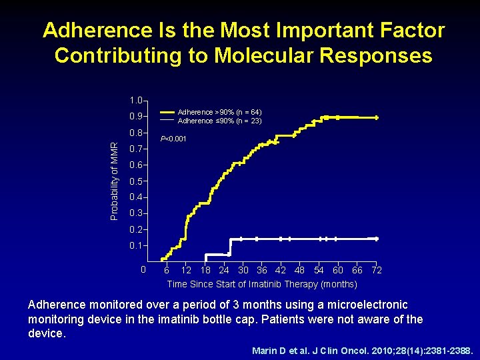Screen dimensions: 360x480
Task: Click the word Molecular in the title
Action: pyautogui.click(x=263, y=55)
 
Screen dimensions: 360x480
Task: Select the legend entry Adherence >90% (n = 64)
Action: pyautogui.click(x=219, y=112)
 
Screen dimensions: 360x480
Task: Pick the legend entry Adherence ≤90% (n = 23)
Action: pyautogui.click(x=219, y=121)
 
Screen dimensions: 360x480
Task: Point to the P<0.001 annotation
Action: pyautogui.click(x=174, y=139)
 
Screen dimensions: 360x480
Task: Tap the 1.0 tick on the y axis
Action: pyautogui.click(x=136, y=101)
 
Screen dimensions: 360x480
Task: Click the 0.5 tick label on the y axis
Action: pyautogui.click(x=136, y=181)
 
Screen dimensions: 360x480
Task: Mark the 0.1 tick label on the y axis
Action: pyautogui.click(x=136, y=246)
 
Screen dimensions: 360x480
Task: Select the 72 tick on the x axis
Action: pyautogui.click(x=377, y=270)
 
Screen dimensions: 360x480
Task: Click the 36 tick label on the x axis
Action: pyautogui.click(x=262, y=270)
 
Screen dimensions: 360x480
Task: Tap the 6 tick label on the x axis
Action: pyautogui.click(x=167, y=270)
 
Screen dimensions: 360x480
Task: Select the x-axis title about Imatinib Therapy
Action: pyautogui.click(x=262, y=284)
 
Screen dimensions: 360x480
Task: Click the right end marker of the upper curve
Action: pyautogui.click(x=377, y=117)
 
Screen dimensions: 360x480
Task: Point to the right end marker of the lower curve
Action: pyautogui.click(x=377, y=238)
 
